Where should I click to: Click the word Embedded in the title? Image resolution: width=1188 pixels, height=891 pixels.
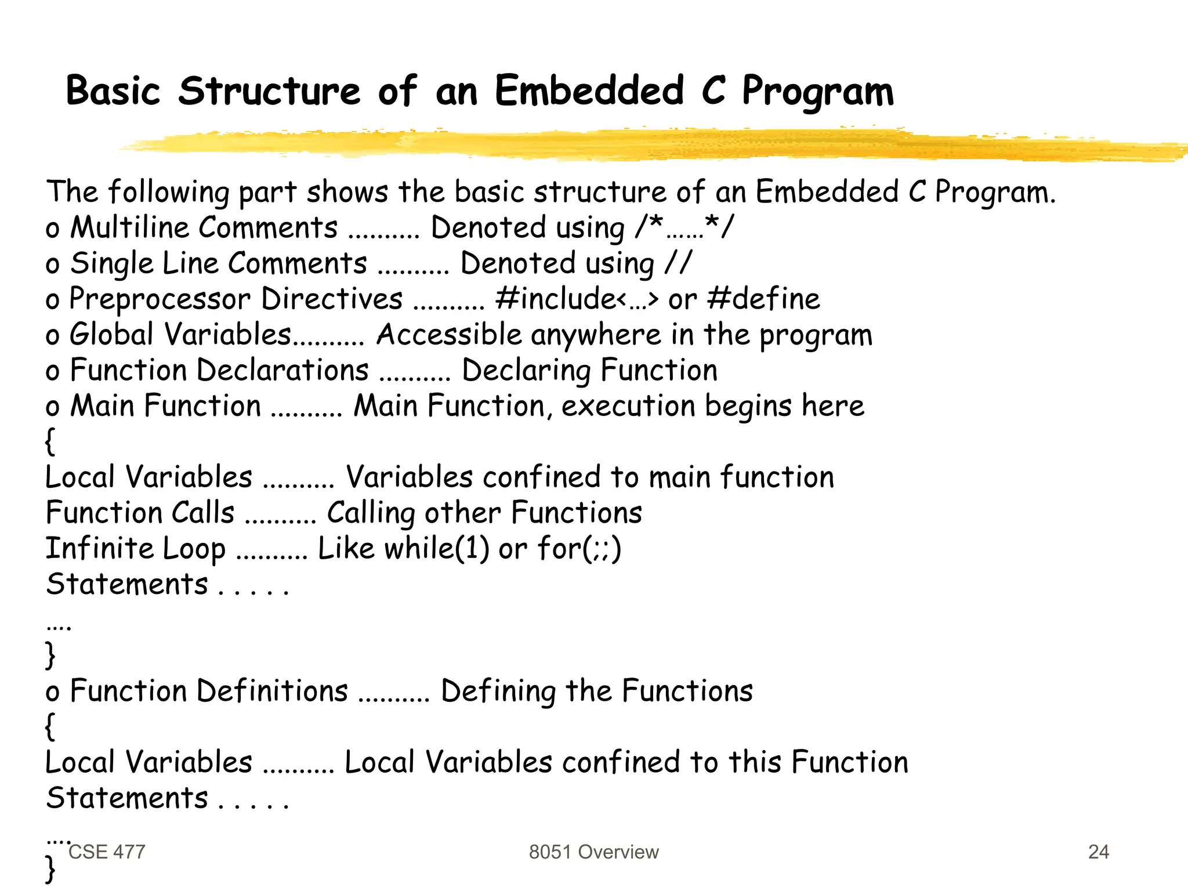589,91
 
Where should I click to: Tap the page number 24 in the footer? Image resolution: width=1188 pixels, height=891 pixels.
1098,852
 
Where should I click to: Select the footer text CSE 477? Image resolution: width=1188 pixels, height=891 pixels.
107,852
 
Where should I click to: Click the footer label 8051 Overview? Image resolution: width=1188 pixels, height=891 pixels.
593,852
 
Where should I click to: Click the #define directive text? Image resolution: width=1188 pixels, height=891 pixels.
764,299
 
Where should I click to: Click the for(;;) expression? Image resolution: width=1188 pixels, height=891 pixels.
579,548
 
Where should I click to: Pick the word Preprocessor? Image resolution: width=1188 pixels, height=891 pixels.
160,299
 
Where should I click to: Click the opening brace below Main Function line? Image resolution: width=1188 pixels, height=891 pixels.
50,441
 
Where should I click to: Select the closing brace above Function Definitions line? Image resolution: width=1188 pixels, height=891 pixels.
50,655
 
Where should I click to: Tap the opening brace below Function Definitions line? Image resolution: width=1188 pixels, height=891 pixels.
50,726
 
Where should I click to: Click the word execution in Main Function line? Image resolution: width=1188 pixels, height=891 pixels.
628,405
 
